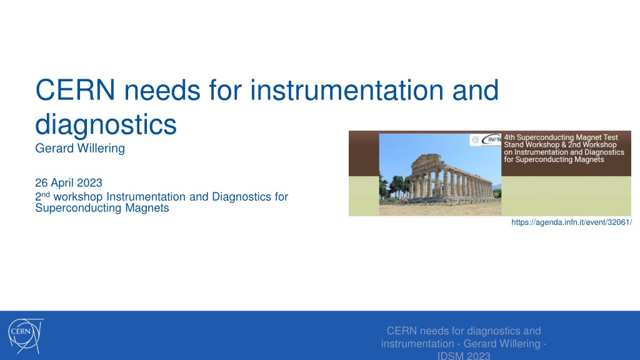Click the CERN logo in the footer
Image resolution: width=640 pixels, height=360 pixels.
tap(25, 336)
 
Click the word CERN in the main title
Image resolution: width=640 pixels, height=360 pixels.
tap(75, 90)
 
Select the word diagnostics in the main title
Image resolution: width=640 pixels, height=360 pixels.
tap(106, 124)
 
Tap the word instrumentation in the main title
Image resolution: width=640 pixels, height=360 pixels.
tap(346, 90)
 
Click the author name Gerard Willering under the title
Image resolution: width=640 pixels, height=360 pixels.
tap(80, 148)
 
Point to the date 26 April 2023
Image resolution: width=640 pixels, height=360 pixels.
tap(69, 182)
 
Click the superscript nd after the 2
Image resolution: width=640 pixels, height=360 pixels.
tap(45, 194)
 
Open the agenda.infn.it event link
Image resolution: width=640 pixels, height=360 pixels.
tap(571, 222)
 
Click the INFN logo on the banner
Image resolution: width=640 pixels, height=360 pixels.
tap(491, 140)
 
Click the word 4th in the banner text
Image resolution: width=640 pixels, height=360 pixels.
tap(509, 137)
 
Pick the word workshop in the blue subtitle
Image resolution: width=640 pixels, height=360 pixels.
tap(78, 197)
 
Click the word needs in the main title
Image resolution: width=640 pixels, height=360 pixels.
tap(162, 90)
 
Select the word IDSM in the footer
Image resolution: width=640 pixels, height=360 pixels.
tap(449, 356)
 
